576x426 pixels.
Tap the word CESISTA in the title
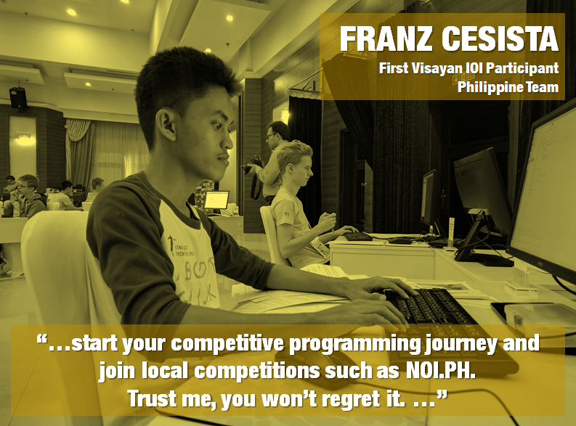(500, 39)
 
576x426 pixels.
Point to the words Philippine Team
(508, 87)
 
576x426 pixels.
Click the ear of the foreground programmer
(166, 125)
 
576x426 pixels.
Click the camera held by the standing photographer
(254, 163)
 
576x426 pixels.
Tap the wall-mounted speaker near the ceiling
(18, 98)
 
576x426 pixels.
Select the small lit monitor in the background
(216, 200)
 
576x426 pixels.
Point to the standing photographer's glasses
(272, 136)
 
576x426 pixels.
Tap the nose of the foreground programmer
(228, 142)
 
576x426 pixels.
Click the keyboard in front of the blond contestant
(358, 237)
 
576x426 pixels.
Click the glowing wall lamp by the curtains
(25, 140)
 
